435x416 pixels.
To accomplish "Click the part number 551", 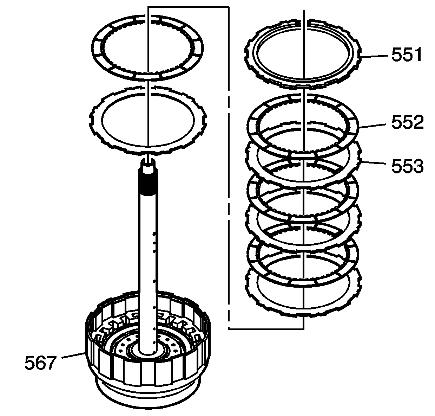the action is [x=406, y=55].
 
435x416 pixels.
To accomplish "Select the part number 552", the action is [x=407, y=122].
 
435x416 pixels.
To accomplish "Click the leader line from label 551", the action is [x=374, y=56].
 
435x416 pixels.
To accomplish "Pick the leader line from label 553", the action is [x=373, y=162].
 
